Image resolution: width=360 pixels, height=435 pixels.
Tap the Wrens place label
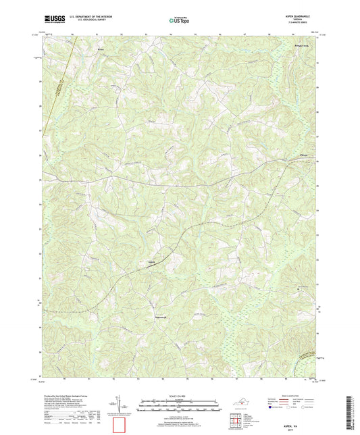103,49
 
